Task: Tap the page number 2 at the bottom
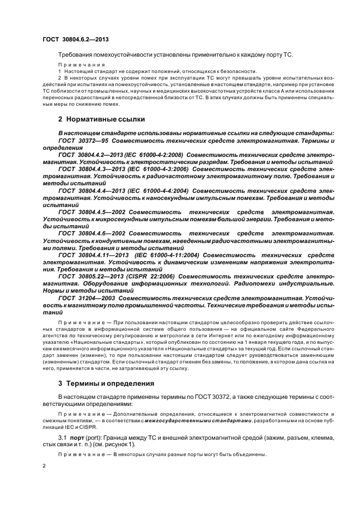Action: (44, 466)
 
